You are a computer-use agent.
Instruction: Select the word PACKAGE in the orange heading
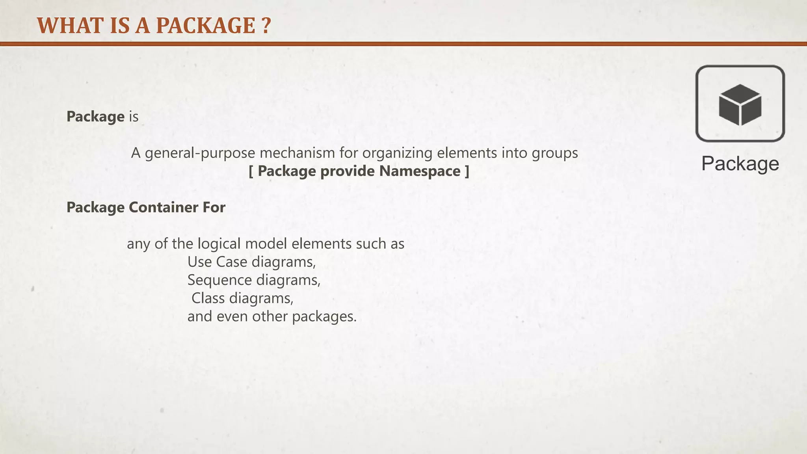pos(206,26)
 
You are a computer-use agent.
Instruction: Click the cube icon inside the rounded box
pos(740,105)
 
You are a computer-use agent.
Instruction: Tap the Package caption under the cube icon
pos(740,164)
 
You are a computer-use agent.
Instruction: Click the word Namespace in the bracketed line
pos(420,171)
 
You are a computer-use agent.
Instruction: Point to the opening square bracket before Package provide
pos(251,171)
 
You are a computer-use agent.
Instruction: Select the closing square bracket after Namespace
pos(467,171)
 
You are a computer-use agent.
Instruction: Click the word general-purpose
pos(200,153)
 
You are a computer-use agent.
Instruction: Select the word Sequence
pos(219,280)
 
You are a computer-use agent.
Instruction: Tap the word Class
pos(208,298)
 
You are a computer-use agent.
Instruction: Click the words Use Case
pos(217,262)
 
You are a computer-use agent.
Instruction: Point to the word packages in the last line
pos(324,316)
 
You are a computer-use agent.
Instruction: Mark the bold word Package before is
pos(95,117)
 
